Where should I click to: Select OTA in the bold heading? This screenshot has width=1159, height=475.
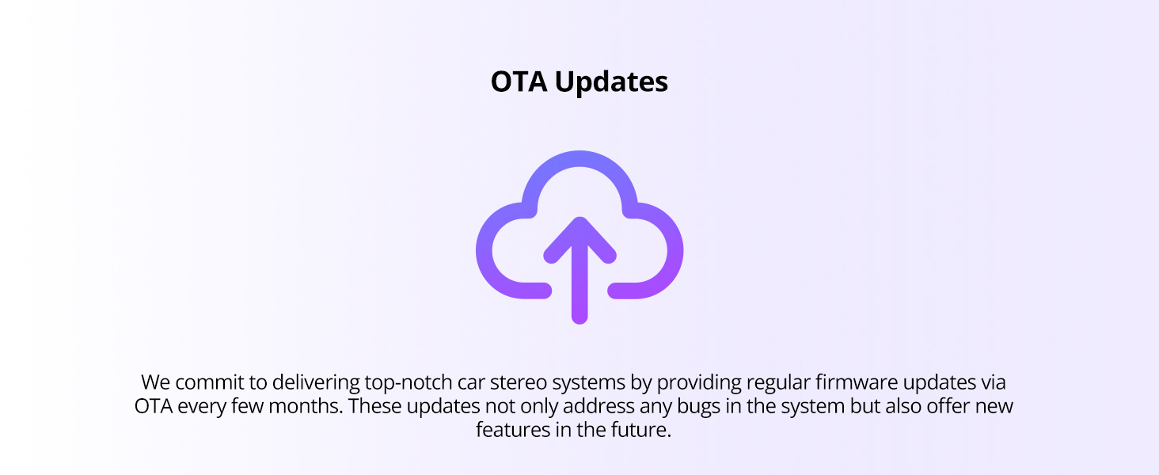[x=519, y=82]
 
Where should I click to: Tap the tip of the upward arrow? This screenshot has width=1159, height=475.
[x=579, y=218]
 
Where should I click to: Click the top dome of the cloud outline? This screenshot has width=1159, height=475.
[x=579, y=159]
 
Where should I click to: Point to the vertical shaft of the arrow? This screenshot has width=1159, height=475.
[x=579, y=279]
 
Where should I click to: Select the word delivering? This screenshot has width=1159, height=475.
[x=316, y=384]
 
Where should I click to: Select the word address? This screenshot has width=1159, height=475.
[x=598, y=407]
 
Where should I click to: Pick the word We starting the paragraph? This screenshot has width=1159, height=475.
[x=156, y=383]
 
